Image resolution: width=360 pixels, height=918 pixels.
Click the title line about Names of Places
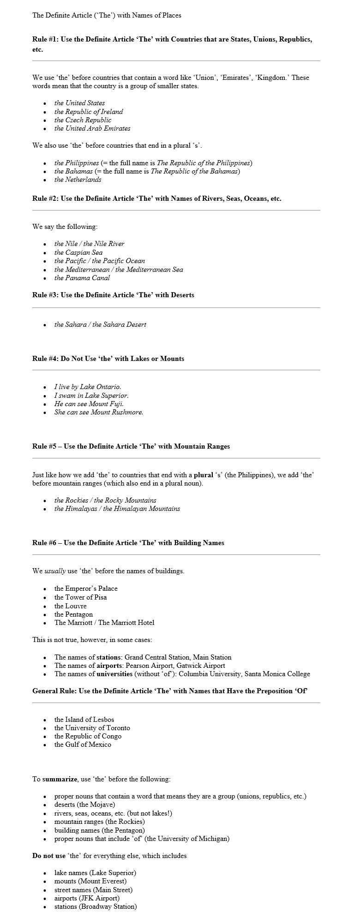107,15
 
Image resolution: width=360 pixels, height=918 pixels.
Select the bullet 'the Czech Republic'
83,120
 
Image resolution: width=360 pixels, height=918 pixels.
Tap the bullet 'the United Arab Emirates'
92,128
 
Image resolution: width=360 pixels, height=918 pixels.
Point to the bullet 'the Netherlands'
78,180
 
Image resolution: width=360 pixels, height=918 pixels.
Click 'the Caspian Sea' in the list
78,252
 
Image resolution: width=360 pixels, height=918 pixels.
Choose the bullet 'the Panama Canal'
82,278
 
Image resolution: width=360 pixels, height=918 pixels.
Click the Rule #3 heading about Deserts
113,295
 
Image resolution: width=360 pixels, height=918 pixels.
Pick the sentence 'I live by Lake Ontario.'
88,387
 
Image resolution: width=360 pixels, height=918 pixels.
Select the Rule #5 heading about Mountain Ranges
131,446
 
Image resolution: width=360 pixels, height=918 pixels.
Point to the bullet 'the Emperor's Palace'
86,588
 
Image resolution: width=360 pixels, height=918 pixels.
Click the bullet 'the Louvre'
70,606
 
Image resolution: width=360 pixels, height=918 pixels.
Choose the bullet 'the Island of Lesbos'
84,720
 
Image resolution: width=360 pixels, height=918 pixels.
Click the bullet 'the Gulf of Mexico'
83,744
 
